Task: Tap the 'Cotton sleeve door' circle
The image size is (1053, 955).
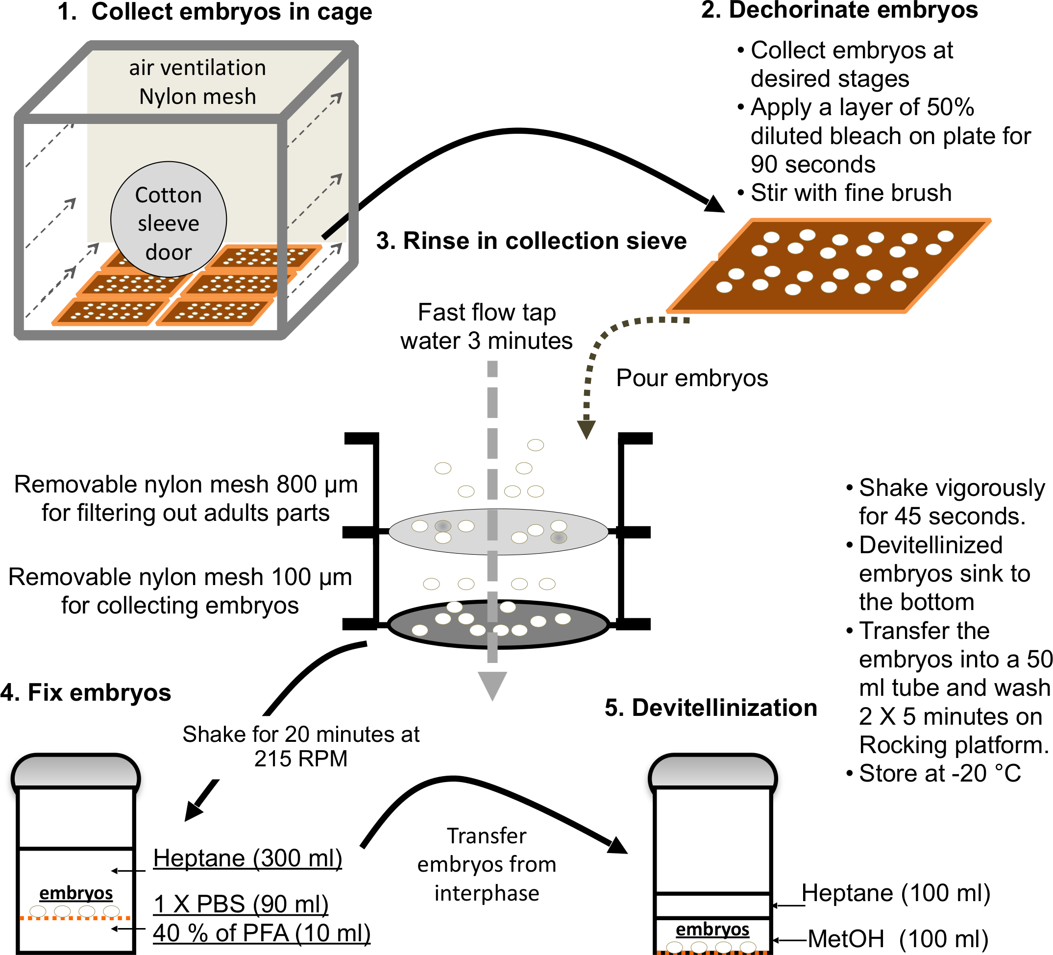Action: click(168, 220)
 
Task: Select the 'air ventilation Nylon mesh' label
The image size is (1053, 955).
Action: click(197, 82)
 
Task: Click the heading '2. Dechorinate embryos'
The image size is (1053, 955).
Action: click(839, 10)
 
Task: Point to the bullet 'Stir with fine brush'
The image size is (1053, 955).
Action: click(850, 193)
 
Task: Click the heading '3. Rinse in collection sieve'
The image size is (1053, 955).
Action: click(531, 241)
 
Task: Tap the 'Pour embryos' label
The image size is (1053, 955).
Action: click(691, 378)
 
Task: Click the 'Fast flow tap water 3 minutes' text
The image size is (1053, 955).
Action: click(486, 326)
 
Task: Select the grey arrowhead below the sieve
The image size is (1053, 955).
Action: click(492, 685)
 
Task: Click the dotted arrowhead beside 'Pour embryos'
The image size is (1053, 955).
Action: click(587, 429)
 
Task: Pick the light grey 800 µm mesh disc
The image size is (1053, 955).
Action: click(498, 532)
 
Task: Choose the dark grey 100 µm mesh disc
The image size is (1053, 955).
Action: click(498, 624)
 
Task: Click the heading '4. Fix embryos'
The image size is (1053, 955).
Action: click(86, 693)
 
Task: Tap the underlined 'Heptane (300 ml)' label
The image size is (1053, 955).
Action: click(247, 858)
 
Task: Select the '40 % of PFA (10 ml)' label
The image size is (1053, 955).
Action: click(261, 933)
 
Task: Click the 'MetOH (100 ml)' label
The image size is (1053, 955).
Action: click(897, 939)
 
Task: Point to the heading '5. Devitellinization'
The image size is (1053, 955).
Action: click(710, 708)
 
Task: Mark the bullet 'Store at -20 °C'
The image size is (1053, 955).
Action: click(939, 773)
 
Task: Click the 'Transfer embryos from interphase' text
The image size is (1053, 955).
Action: click(486, 865)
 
